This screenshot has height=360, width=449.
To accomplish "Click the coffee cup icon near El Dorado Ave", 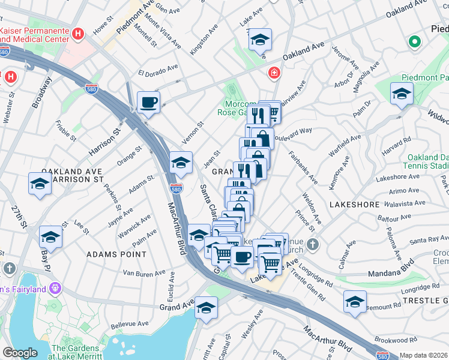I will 148,101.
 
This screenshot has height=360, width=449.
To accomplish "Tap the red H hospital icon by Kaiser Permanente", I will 76,34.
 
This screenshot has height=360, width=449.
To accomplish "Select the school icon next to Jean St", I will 181,162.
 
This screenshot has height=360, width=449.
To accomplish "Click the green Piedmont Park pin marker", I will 413,42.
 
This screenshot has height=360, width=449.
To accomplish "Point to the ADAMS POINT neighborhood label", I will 116,254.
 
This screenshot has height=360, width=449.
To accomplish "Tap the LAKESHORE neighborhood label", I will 354,205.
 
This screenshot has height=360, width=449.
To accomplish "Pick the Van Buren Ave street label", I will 143,272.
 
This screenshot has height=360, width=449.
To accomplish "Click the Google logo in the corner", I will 20,353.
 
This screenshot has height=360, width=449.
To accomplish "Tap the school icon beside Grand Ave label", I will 205,307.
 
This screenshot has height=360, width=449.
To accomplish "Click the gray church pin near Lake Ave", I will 312,245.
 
